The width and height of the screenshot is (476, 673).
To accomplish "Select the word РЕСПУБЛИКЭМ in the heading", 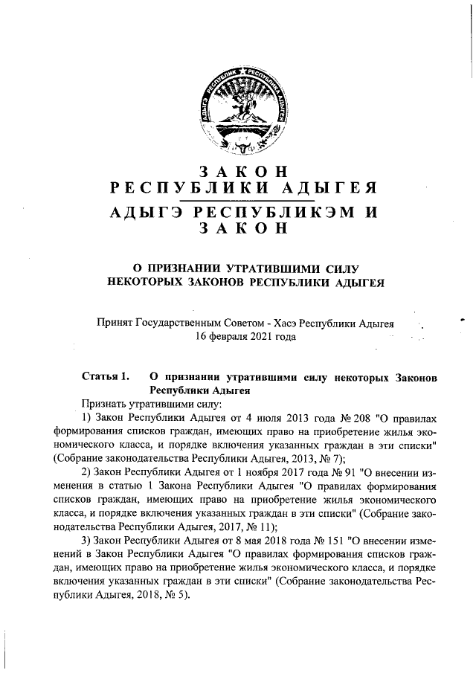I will click(270, 212).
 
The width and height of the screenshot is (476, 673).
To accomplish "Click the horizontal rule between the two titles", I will click(242, 200).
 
